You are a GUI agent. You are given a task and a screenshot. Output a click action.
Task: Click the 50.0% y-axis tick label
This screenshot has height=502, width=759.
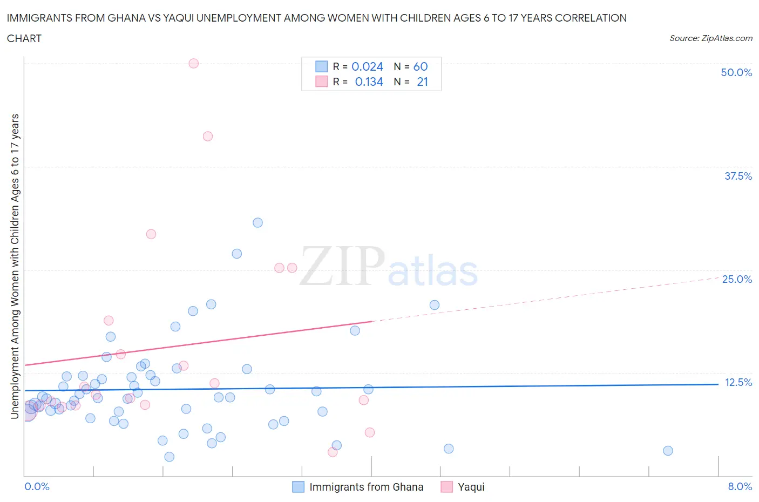coord(736,72)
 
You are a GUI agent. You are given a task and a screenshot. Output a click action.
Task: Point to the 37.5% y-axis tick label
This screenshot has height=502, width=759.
coord(738,176)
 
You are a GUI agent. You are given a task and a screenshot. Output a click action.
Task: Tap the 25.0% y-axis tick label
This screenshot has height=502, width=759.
coord(737,279)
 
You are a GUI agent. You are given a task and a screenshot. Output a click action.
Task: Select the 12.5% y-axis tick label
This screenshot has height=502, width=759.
coord(738,382)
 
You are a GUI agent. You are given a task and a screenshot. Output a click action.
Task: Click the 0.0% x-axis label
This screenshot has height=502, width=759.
coord(37,486)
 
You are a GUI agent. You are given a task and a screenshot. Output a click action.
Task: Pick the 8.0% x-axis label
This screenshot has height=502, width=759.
coord(740,486)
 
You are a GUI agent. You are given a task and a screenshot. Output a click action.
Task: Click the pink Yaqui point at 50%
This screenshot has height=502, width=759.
coord(194,63)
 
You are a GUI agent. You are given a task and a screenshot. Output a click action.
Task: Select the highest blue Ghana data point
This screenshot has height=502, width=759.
coord(257,222)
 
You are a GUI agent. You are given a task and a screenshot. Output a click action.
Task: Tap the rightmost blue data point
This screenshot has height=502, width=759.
coord(668,451)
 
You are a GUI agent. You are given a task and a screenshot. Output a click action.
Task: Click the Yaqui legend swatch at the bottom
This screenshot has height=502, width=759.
coord(446,487)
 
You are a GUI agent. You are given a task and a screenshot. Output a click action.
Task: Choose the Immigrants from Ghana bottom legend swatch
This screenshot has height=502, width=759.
coord(298,487)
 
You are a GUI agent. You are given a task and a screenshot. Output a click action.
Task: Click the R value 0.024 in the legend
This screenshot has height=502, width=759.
coord(367,66)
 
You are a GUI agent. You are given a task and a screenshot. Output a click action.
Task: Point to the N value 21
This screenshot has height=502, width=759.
coord(422,82)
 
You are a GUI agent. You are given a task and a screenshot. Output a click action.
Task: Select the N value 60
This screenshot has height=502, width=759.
coord(420,66)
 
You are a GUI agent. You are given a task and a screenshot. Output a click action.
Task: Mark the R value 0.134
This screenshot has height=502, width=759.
coord(369,82)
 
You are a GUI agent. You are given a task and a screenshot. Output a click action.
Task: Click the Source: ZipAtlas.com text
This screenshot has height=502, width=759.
coord(710,38)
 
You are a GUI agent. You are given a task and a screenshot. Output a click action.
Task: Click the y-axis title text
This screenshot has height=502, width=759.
coord(15,266)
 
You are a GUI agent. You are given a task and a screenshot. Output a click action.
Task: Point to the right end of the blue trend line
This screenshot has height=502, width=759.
coord(718,384)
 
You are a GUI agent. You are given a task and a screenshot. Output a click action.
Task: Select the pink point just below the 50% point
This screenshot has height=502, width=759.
coord(208,136)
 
